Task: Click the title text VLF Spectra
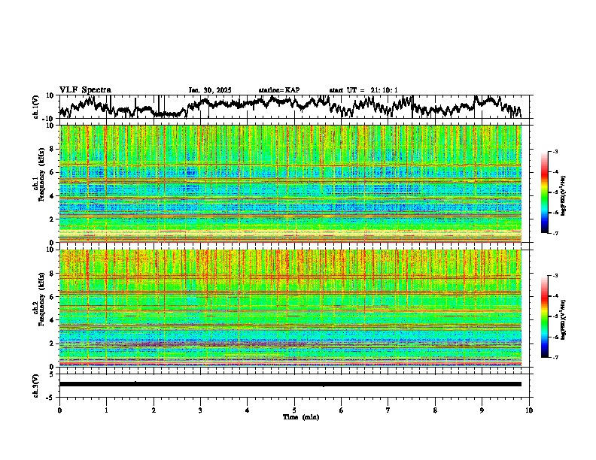(85, 89)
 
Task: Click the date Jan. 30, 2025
(210, 90)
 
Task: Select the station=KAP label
(279, 90)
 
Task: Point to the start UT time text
(363, 90)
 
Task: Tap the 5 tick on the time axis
(294, 410)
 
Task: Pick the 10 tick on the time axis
(530, 410)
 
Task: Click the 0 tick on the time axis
(59, 410)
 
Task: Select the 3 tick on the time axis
(200, 410)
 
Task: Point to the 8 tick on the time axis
(435, 410)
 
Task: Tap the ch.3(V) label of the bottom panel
(36, 383)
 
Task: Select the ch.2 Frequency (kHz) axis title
(39, 307)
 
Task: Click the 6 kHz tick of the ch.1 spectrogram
(53, 172)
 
